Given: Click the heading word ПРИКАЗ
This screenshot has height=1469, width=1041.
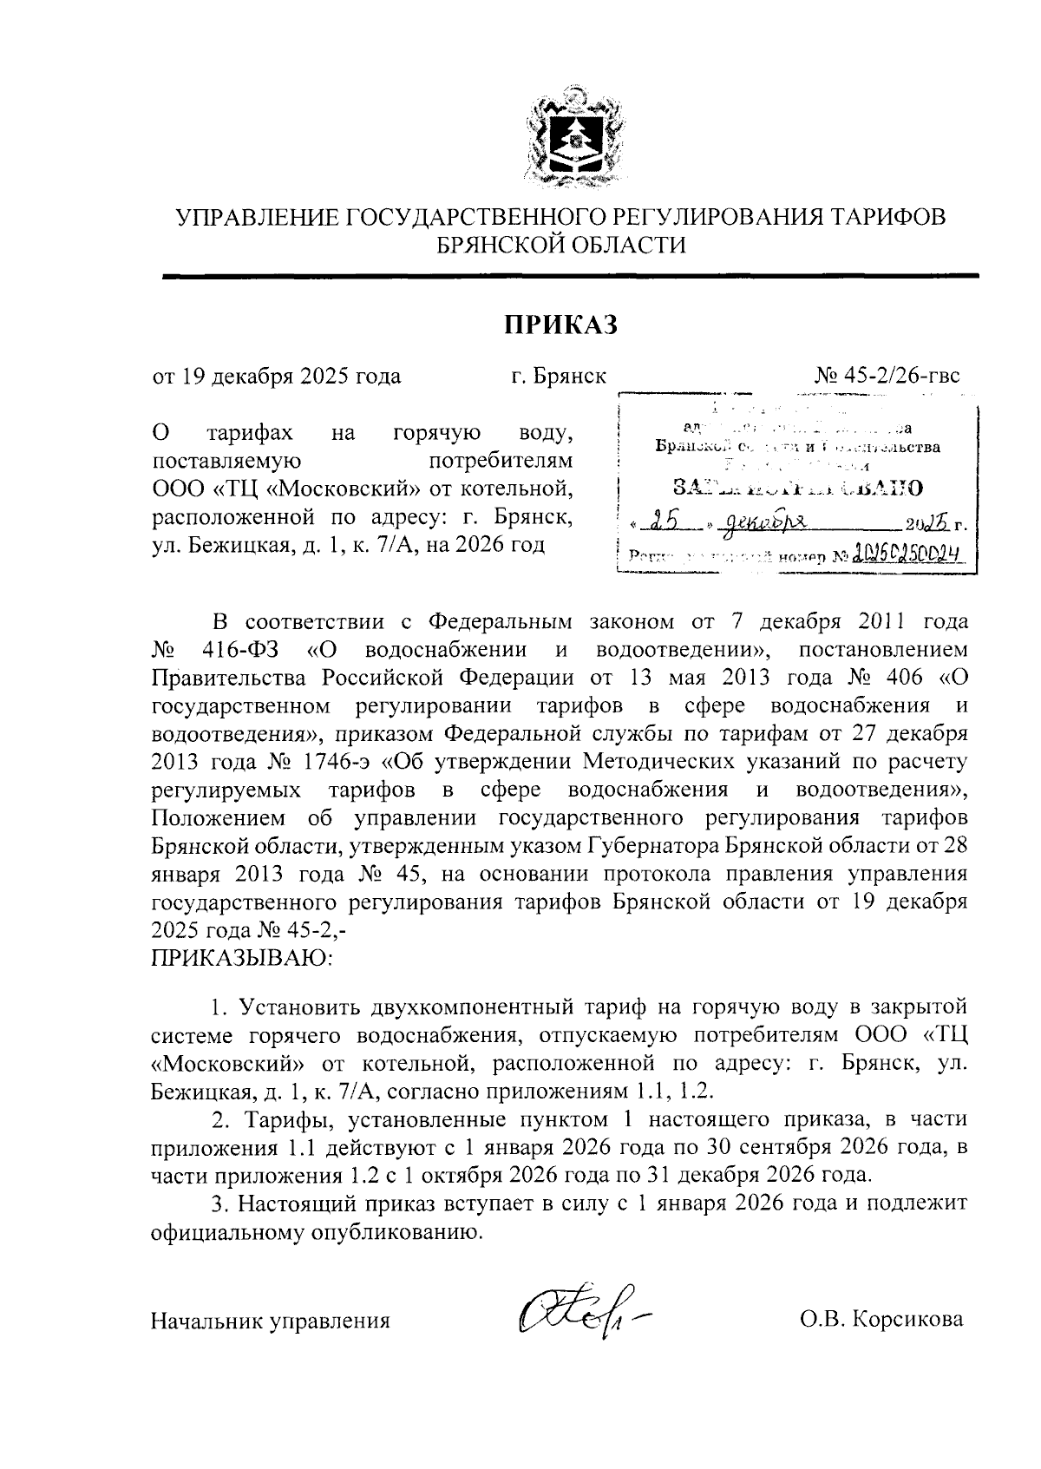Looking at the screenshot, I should pos(560,325).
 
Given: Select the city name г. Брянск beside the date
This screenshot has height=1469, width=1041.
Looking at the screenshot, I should pos(558,377).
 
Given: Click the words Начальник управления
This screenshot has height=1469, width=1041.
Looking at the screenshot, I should pos(270,1321).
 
